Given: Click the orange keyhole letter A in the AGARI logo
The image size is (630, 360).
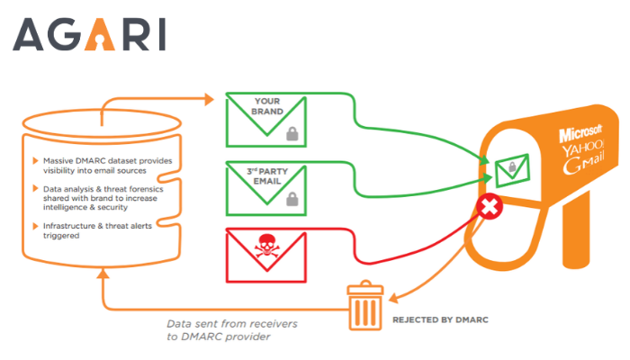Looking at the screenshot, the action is coord(100,34).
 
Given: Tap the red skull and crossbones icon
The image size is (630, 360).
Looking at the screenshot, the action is coord(266,246).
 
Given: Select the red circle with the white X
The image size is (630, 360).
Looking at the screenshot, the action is coord(490,206).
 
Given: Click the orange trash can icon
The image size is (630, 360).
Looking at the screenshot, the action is coord(365,305).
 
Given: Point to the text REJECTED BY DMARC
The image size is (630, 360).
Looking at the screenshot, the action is coord(440,319).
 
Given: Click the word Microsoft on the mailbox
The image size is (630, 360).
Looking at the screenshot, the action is coord(580,133).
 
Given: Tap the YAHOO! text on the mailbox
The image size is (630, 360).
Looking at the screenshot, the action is coord(583,149).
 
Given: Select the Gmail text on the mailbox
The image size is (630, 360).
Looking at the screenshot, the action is coord(583,164).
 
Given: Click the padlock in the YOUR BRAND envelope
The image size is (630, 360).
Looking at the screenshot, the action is coord(292,134).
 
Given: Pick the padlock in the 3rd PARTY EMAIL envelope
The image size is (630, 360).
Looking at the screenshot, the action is coord(292,199).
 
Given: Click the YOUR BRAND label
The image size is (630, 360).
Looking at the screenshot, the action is coord(267,106).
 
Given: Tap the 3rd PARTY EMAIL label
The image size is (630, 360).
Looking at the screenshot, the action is coord(267,176).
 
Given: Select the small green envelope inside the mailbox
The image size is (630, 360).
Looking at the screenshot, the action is coord(512,170).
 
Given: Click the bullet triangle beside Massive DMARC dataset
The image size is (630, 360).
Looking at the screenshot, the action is coord(35,161).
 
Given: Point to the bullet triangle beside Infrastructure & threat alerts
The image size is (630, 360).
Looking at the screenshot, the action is coord(35,226).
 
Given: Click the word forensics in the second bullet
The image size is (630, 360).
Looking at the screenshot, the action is coord(145,189).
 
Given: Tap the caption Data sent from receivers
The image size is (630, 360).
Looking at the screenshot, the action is coord(232,324).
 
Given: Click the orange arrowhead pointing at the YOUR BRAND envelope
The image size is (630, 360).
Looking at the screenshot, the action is coord(209,99).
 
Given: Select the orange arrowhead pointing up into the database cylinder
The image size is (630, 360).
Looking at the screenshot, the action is coord(103,274).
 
